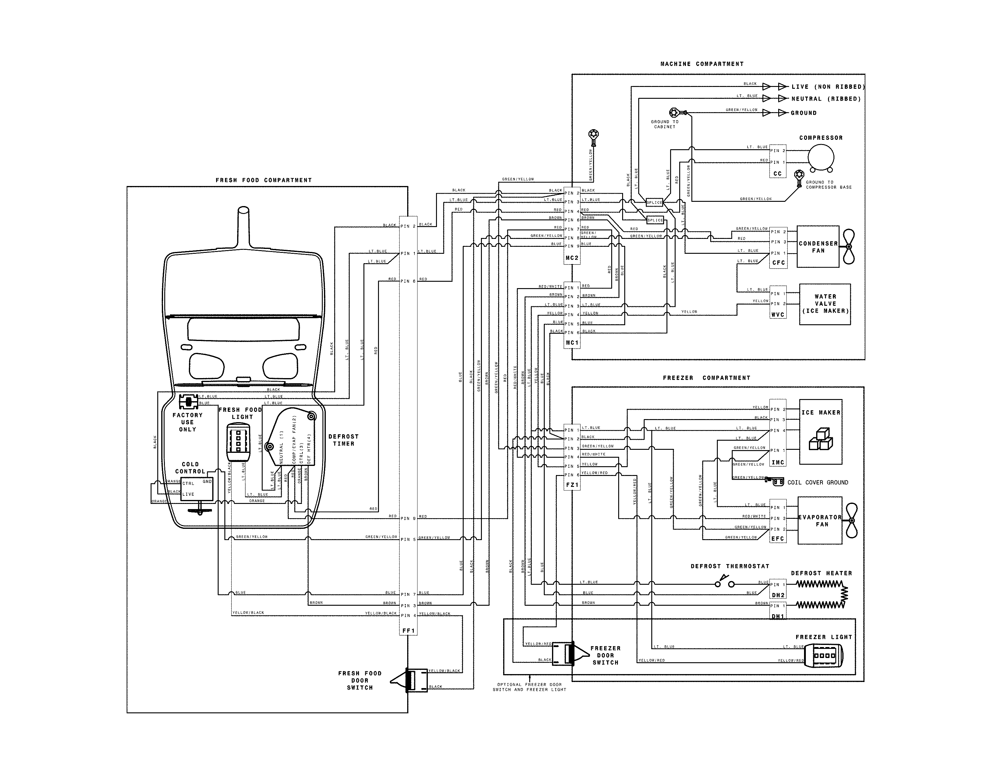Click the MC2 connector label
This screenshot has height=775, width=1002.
572,258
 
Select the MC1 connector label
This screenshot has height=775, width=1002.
572,343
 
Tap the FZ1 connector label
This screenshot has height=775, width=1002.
572,485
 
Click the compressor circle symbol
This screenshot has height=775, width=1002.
820,158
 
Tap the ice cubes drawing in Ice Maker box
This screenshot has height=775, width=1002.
820,439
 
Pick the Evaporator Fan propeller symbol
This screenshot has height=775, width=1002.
851,520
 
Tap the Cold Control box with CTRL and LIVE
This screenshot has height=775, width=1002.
197,488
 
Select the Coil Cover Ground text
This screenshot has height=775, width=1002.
818,483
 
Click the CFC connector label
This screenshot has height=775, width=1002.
778,263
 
